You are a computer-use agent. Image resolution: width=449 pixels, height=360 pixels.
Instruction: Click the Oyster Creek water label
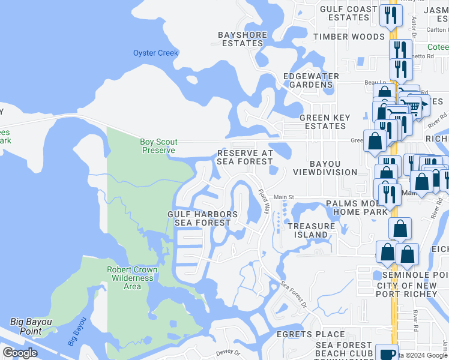click(x=155, y=53)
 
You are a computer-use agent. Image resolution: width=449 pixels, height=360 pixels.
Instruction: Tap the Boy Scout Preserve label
click(x=158, y=146)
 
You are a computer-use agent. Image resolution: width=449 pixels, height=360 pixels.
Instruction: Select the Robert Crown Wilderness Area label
click(x=132, y=278)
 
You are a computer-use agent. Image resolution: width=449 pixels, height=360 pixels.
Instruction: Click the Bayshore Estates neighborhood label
click(x=242, y=39)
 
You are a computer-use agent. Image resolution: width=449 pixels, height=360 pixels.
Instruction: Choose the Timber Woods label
click(x=348, y=37)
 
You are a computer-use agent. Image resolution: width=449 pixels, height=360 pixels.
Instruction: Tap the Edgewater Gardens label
click(x=311, y=80)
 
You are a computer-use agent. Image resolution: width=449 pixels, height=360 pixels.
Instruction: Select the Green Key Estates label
click(x=322, y=122)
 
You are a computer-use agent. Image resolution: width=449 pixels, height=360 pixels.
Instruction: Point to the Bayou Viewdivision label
click(x=325, y=168)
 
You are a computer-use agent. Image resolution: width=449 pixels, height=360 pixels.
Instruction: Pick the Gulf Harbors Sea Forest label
click(x=202, y=218)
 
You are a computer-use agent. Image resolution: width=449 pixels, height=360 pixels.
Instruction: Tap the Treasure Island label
click(x=311, y=230)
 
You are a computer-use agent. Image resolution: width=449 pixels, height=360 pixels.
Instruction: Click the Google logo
click(x=20, y=353)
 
